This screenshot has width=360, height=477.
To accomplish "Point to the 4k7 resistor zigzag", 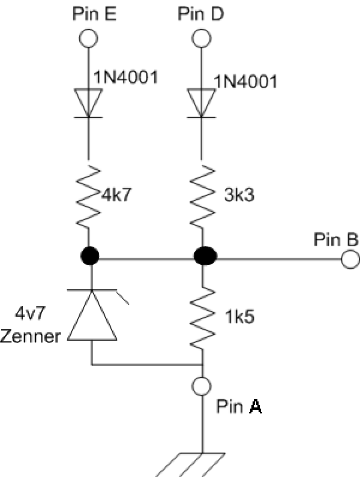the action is pos(88,196).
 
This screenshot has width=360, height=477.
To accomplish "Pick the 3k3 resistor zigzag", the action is pos(202,196).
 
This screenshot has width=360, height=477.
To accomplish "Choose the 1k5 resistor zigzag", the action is pos(202,317).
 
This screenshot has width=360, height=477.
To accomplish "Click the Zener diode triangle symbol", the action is pos(92,315).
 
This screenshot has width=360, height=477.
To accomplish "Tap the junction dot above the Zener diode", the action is pos(90,256).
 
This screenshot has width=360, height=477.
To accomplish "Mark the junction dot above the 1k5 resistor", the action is pos(205,256).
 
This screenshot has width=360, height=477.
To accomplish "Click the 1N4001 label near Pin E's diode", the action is pos(125,77).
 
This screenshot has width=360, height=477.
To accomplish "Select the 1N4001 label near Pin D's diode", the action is pos(245,82).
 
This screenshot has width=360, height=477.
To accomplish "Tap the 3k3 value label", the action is pos(239,194).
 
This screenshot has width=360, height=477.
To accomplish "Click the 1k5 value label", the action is pos(239,317).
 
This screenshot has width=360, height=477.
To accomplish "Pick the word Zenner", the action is pos(31,337).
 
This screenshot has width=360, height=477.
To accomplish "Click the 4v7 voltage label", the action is pos(30,313).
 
